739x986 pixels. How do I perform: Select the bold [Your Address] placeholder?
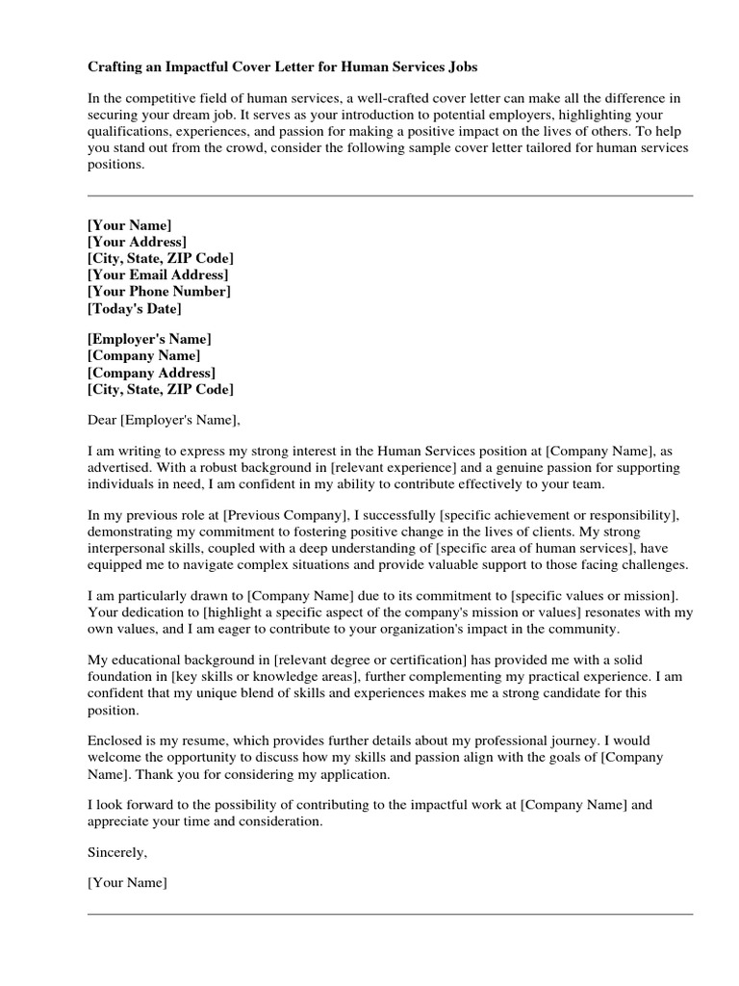tap(137, 242)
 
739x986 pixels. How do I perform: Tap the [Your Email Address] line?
tap(157, 275)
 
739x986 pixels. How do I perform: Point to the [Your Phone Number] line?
tap(159, 292)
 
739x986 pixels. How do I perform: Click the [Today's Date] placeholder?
tap(134, 309)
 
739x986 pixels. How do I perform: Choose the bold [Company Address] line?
tap(151, 373)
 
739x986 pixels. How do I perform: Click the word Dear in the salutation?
tap(102, 420)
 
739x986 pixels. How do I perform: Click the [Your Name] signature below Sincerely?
tap(127, 883)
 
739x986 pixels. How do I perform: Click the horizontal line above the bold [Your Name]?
tap(390, 195)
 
